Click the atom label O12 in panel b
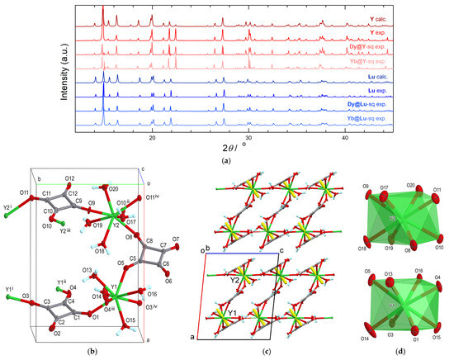[69, 179]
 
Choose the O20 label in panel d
[410, 186]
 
